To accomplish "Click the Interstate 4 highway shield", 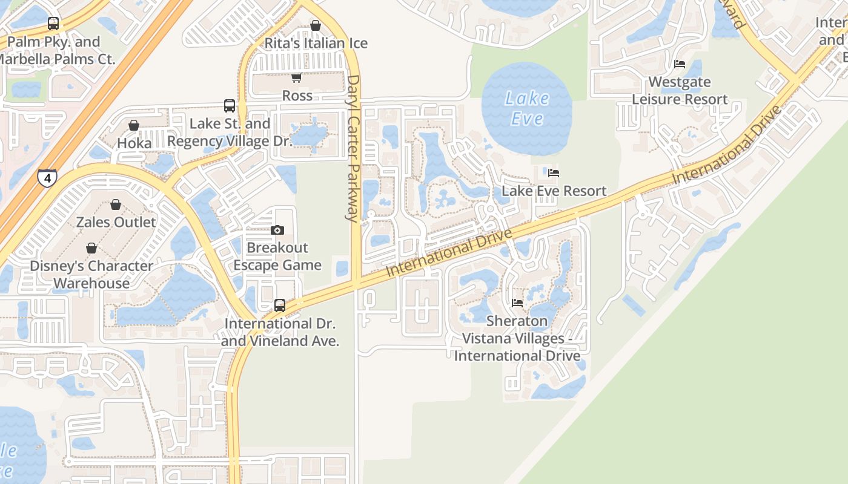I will click(x=47, y=177).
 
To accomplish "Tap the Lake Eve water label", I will click(x=527, y=108).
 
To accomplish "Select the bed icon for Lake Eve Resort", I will click(x=554, y=173).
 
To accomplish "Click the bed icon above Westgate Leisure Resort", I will click(x=680, y=64).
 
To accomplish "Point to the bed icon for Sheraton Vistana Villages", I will click(x=517, y=302).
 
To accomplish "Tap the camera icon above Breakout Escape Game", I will click(x=277, y=230).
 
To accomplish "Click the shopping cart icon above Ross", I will click(x=296, y=77).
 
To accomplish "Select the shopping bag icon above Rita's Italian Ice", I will click(x=316, y=25).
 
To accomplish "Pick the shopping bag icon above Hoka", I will click(x=134, y=125).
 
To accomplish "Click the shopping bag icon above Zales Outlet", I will click(x=116, y=204).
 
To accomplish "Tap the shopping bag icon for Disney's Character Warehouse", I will click(x=91, y=248).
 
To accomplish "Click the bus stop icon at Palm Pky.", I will click(x=53, y=24).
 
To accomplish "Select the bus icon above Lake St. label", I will click(x=230, y=106).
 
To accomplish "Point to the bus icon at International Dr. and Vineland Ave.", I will click(x=280, y=306).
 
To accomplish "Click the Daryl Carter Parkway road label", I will click(x=353, y=148).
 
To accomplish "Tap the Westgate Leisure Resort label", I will click(x=680, y=91).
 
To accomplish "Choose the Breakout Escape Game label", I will click(x=277, y=257).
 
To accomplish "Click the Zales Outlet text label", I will click(x=116, y=222).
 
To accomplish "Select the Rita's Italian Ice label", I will click(x=316, y=44).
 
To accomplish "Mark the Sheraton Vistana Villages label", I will click(x=517, y=338).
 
